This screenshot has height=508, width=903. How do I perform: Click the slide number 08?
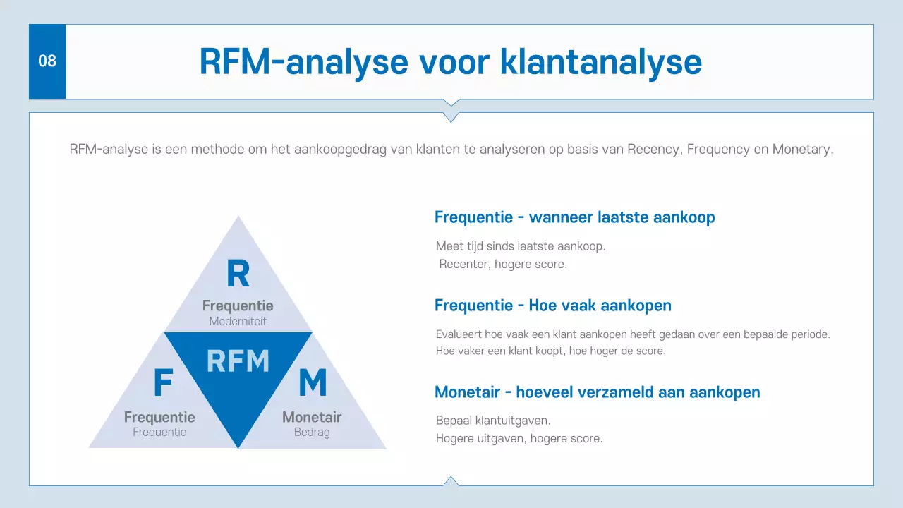[47, 61]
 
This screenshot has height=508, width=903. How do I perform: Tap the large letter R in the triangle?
[238, 274]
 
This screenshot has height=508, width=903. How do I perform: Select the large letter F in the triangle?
[163, 383]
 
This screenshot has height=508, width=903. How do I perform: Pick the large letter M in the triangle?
[313, 383]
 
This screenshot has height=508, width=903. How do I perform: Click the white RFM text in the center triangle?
[238, 361]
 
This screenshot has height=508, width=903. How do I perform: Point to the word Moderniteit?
[238, 322]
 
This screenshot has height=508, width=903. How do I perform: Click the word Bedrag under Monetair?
[312, 432]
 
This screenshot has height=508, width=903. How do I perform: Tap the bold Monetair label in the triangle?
[312, 417]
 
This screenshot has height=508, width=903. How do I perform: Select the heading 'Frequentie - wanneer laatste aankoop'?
[574, 217]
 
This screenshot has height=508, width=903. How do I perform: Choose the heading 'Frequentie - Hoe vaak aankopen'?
[552, 306]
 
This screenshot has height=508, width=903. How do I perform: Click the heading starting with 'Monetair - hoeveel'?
[597, 392]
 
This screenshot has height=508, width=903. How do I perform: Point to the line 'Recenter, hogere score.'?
[503, 265]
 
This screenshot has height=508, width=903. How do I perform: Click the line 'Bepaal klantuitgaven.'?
[493, 421]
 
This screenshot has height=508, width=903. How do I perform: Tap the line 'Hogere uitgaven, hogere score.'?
[519, 438]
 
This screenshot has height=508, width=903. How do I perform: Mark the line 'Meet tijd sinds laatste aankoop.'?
[521, 246]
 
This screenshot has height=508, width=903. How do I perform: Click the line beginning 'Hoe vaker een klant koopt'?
[550, 351]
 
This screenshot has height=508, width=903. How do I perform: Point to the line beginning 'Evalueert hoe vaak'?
[633, 334]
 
